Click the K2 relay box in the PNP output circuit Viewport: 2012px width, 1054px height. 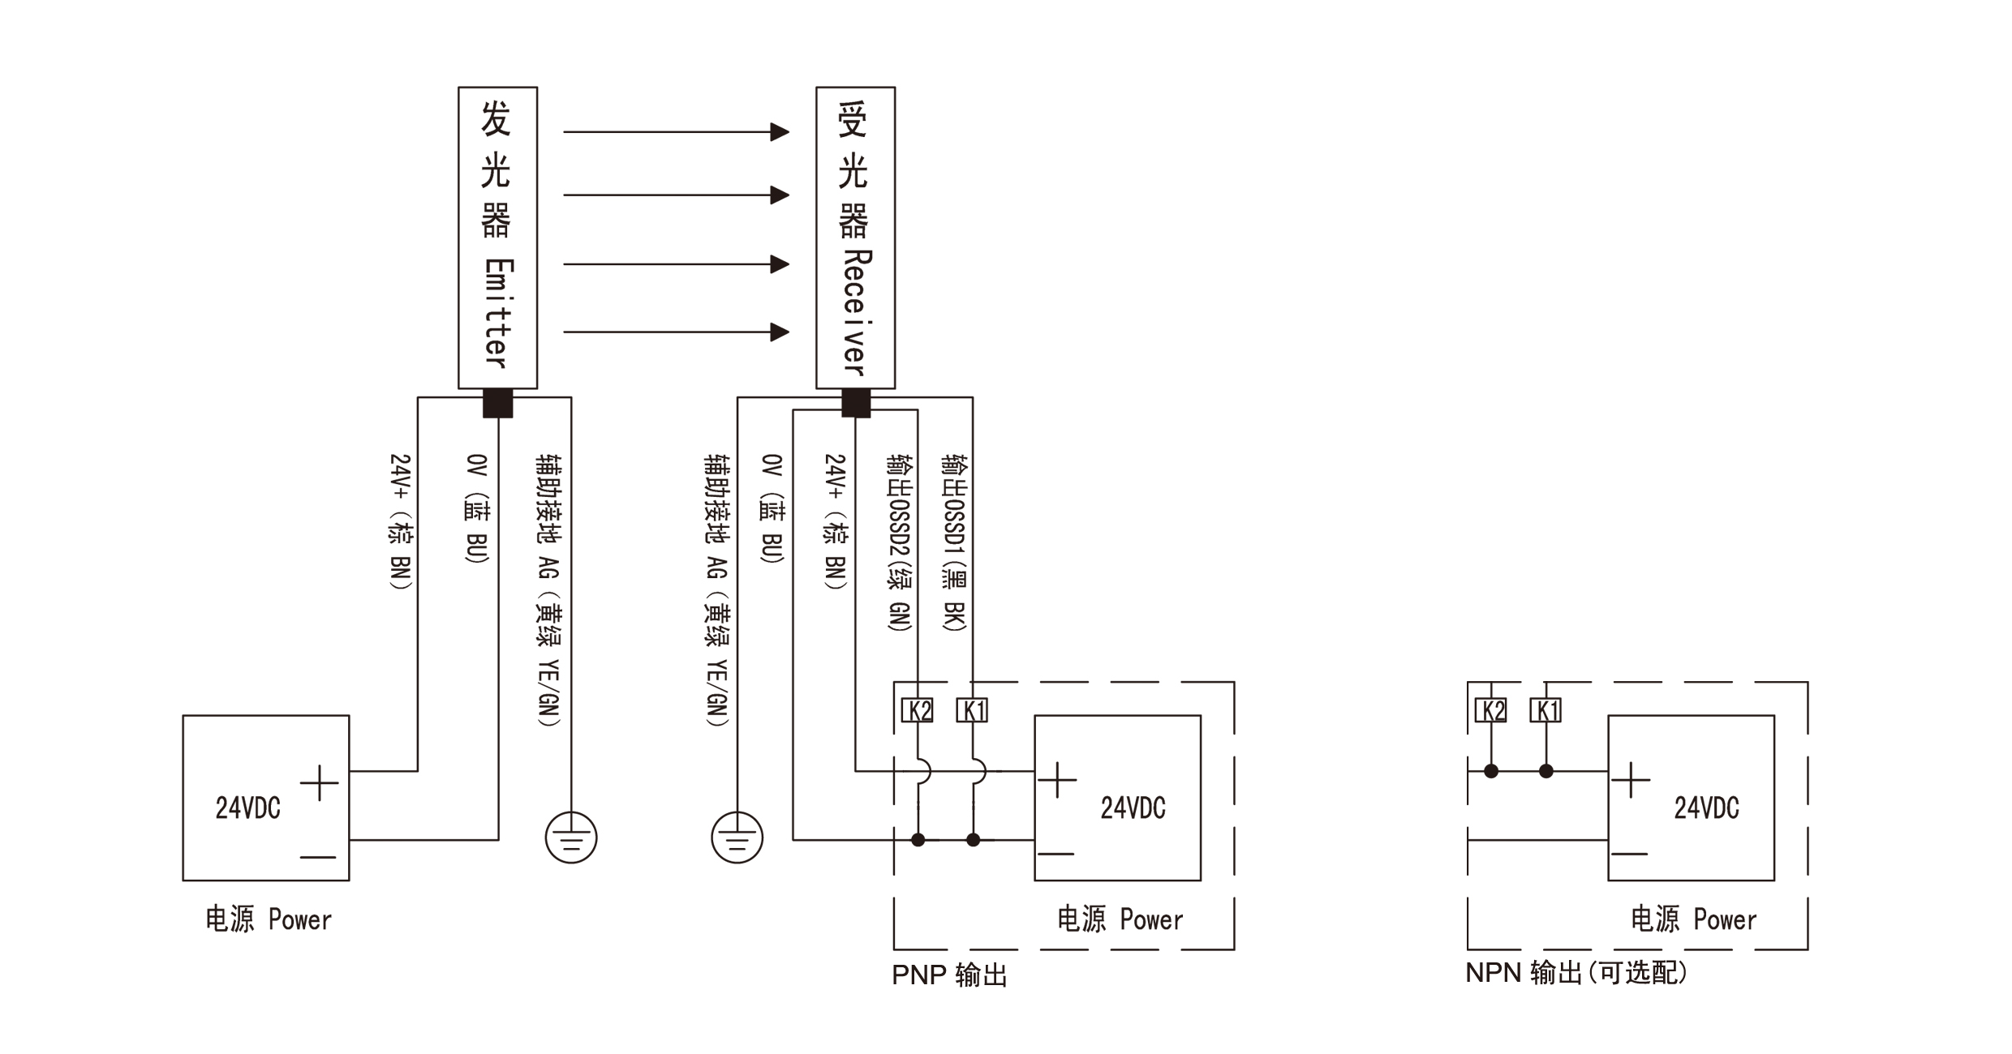pos(918,710)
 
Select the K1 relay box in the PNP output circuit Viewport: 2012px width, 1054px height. pos(972,710)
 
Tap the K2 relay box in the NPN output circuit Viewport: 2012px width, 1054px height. pos(1491,710)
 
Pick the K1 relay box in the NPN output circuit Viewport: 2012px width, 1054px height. pos(1546,710)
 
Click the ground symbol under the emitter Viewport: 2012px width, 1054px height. pos(571,838)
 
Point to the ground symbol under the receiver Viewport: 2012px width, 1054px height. pos(737,838)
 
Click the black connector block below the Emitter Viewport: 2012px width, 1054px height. pos(497,403)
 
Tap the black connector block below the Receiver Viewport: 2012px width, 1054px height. pos(856,403)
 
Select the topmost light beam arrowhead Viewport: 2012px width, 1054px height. pos(780,131)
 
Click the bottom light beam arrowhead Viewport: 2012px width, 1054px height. pos(780,332)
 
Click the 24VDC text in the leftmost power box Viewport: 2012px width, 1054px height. pos(247,808)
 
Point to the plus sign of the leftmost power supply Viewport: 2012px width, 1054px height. pos(319,783)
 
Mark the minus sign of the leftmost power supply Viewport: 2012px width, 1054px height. pos(318,856)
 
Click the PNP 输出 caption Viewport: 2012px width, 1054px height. pos(949,974)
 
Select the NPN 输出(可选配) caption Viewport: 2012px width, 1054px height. pos(1576,972)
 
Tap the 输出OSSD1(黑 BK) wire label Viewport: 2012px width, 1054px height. pos(954,542)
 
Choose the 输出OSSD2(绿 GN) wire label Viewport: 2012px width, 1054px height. pos(900,542)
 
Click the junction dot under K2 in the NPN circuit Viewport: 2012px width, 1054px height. pos(1491,771)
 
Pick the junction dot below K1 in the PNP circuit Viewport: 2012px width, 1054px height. pos(973,840)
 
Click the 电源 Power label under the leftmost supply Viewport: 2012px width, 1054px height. pos(269,919)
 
